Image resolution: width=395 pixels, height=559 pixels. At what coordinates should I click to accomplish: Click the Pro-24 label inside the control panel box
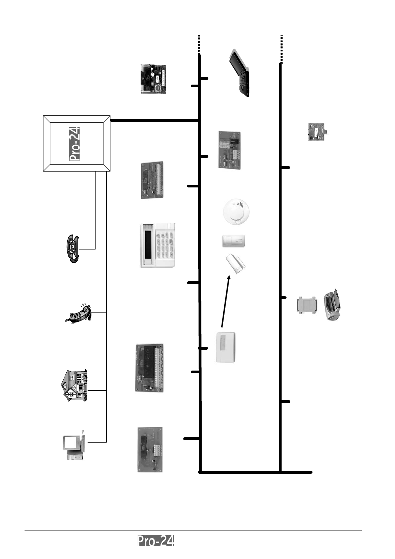point(75,143)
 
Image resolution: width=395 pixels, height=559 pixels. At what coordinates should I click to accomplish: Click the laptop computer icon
point(240,74)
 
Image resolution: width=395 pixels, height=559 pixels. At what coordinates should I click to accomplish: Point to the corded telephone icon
point(73,248)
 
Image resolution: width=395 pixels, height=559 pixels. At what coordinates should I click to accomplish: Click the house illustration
point(75,385)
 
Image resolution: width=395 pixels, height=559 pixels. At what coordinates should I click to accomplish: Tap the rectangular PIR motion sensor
point(233,241)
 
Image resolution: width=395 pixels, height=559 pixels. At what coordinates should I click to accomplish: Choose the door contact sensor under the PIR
point(236,264)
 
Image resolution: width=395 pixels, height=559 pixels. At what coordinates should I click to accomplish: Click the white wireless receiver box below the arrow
point(226,347)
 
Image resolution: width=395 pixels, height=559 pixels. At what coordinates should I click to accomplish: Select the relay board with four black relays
point(150,368)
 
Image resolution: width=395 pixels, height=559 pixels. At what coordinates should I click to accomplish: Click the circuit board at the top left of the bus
point(153,79)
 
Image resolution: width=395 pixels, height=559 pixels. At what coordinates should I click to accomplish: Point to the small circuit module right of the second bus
point(318,132)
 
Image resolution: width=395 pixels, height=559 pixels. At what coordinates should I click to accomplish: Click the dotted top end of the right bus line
point(281,48)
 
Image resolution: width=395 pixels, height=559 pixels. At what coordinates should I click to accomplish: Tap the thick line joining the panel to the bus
point(154,120)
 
